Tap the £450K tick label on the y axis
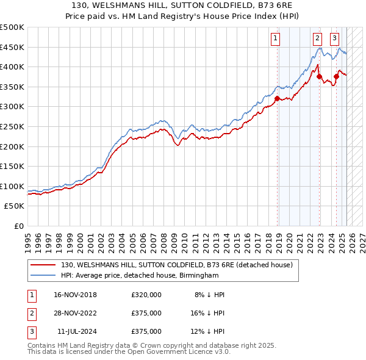[x=12, y=47]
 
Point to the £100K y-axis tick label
[x=12, y=186]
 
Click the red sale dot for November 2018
[x=277, y=98]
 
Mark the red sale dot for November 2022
[x=319, y=76]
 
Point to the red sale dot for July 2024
[x=336, y=76]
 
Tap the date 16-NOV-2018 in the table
[x=75, y=295]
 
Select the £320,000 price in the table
[x=146, y=295]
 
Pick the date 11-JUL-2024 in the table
[x=75, y=331]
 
